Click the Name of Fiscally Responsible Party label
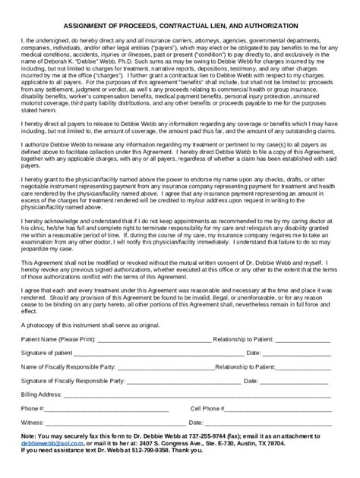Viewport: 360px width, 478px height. pyautogui.click(x=71, y=387)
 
